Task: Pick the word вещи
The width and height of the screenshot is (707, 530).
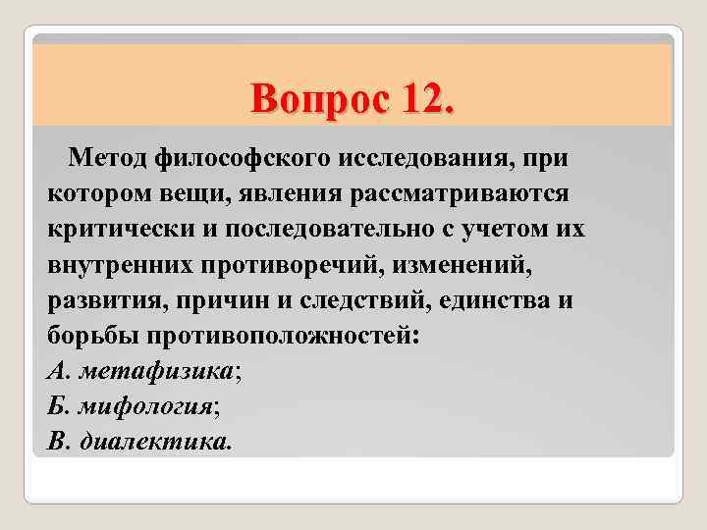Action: pyautogui.click(x=184, y=191)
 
